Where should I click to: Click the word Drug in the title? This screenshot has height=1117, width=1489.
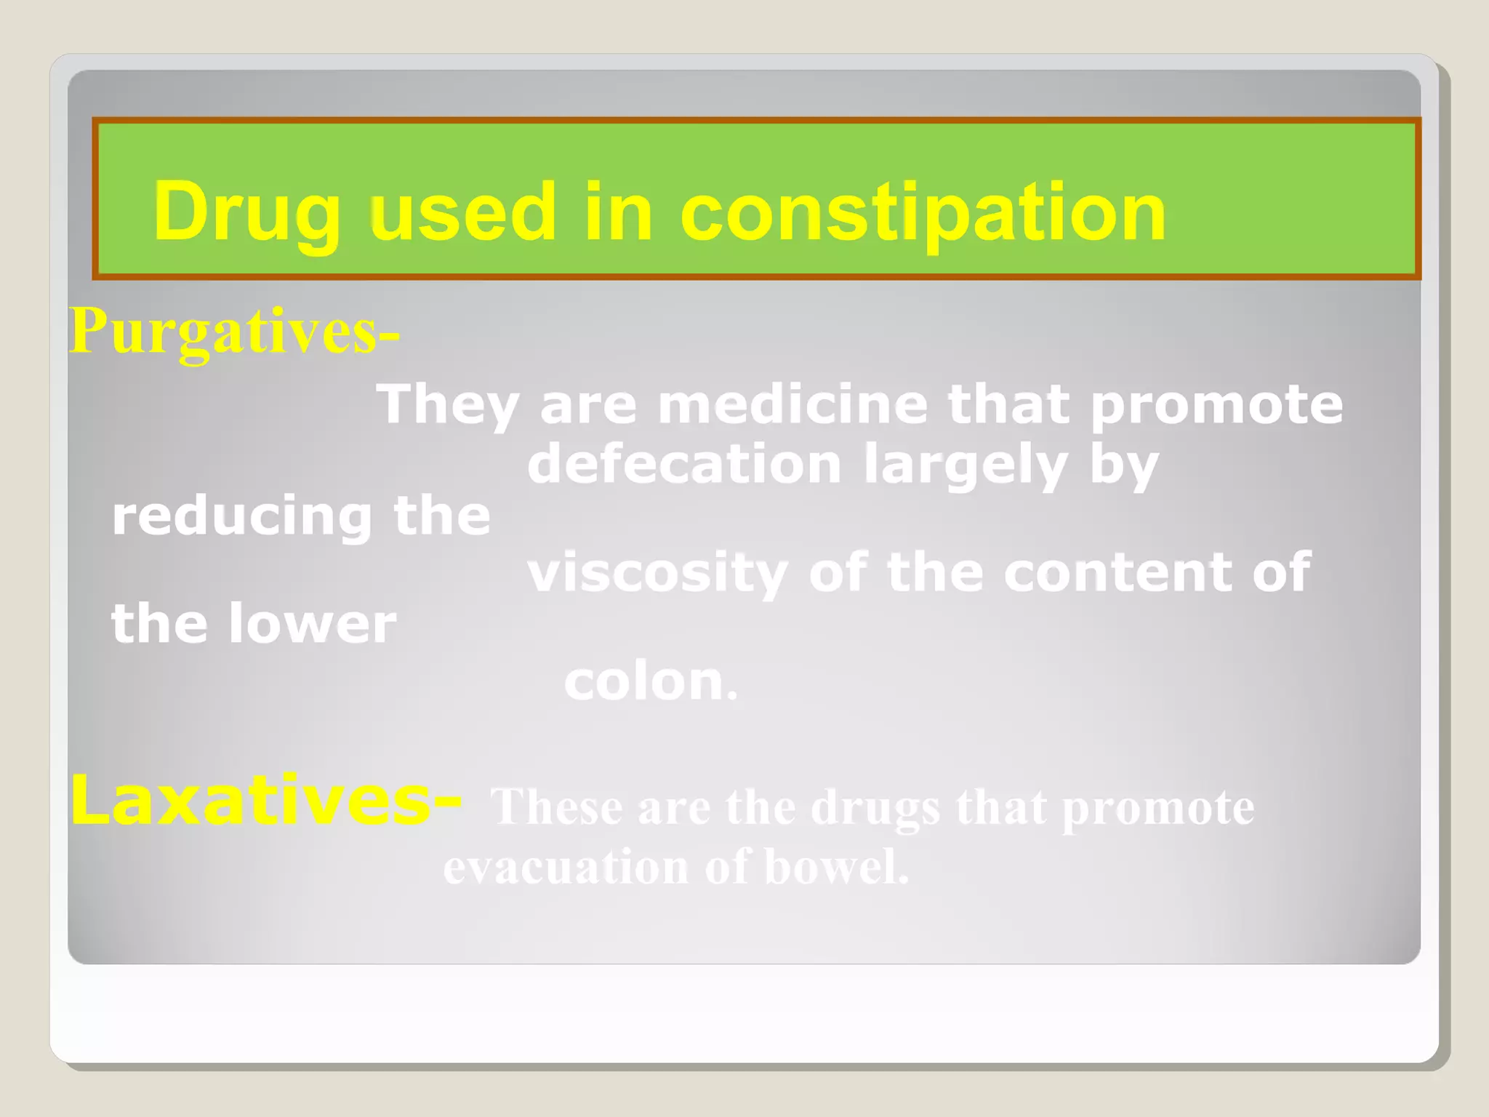[x=246, y=212]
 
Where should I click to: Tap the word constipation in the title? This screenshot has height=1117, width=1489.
[x=923, y=212]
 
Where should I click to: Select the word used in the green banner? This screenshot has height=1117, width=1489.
[x=463, y=212]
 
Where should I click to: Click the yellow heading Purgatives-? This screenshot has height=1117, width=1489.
[x=234, y=332]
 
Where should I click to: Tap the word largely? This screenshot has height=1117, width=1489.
[x=966, y=465]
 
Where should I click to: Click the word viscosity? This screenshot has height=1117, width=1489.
[x=658, y=573]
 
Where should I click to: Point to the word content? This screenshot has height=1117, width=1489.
[x=1117, y=572]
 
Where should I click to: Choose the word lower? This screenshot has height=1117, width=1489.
[x=313, y=624]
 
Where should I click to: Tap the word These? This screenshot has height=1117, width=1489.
[x=557, y=807]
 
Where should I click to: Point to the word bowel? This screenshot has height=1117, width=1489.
[x=836, y=867]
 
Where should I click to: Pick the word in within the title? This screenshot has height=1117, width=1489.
[x=618, y=212]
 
